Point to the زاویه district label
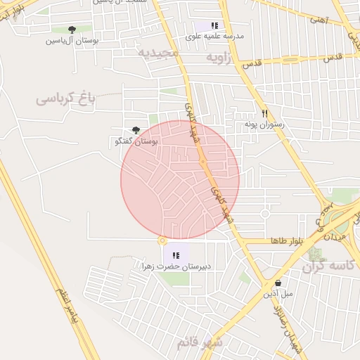tap(217, 58)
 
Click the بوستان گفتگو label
tap(136, 141)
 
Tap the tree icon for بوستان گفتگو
tap(136, 129)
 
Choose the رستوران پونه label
tap(263, 124)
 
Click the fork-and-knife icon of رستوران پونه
tap(264, 112)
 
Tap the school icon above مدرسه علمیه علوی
tap(214, 25)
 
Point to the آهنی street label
tap(317, 21)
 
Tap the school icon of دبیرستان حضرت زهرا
tap(176, 255)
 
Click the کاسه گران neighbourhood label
tap(326, 267)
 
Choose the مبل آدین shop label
tap(277, 294)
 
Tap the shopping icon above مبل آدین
tap(278, 283)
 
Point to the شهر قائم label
tap(199, 342)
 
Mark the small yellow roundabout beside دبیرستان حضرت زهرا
tap(162, 240)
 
